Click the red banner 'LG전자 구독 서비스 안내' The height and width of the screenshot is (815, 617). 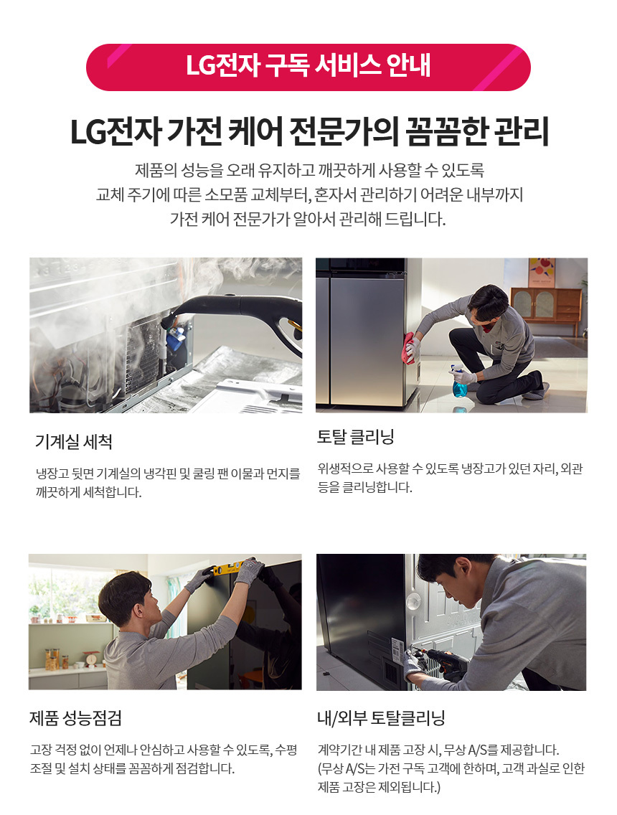(x=308, y=67)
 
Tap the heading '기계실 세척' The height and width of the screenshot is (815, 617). (x=74, y=442)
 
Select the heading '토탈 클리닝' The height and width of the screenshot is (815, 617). (x=356, y=437)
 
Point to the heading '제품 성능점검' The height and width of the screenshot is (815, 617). (x=76, y=718)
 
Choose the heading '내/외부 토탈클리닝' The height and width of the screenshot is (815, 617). (x=381, y=718)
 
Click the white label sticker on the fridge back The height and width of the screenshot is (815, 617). (x=397, y=650)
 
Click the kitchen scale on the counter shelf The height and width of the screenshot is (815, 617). (x=92, y=657)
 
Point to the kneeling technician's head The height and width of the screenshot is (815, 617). (x=488, y=304)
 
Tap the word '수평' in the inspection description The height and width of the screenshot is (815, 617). (x=286, y=750)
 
